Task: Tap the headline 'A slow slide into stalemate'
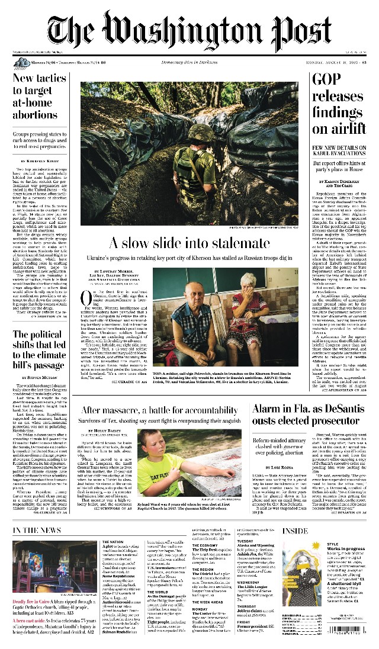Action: [x=190, y=243]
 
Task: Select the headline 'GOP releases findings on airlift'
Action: [x=339, y=104]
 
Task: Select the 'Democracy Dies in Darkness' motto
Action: [x=190, y=62]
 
